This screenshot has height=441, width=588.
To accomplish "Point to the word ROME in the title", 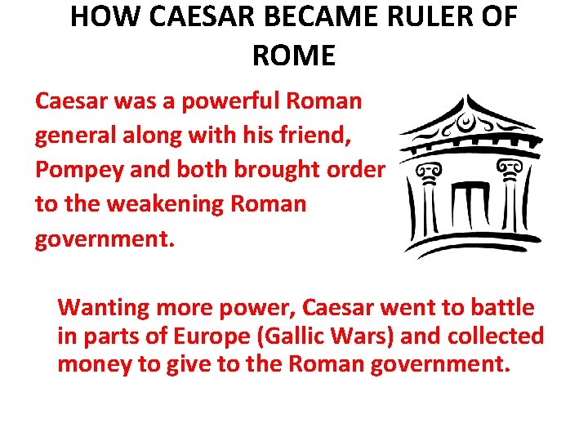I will coord(294,56).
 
